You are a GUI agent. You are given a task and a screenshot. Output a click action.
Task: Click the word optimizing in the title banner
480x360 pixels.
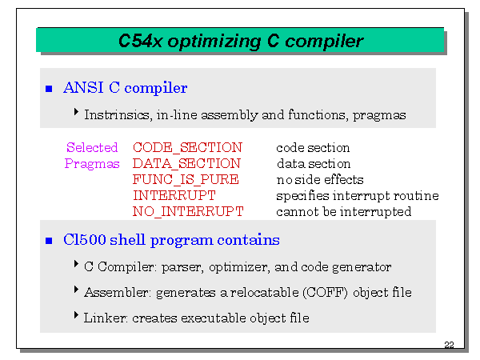(x=214, y=42)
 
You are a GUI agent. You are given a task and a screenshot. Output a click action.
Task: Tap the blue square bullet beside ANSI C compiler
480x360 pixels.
(x=49, y=89)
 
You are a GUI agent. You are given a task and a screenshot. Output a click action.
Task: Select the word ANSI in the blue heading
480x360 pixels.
(x=83, y=87)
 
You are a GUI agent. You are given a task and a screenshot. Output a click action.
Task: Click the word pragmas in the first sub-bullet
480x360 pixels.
(x=379, y=116)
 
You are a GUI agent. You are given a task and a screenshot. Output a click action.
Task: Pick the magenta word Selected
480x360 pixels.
(x=92, y=147)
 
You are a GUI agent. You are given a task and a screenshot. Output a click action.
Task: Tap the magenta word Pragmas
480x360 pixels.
(x=92, y=164)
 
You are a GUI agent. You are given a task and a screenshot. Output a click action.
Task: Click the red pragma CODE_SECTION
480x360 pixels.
(x=187, y=147)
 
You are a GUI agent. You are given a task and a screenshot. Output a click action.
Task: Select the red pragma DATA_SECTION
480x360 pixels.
(x=186, y=163)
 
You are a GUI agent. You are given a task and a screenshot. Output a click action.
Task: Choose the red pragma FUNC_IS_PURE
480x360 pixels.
(x=186, y=179)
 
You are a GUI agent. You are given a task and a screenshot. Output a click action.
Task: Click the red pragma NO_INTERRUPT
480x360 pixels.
(x=188, y=211)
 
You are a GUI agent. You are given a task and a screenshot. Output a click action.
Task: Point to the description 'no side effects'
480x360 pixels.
(x=320, y=180)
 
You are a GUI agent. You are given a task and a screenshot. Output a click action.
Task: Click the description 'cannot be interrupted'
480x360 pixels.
(x=344, y=211)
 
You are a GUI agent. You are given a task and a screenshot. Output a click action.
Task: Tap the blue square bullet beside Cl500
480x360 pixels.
(x=49, y=241)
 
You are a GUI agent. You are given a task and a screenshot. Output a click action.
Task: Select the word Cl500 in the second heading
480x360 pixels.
(x=85, y=239)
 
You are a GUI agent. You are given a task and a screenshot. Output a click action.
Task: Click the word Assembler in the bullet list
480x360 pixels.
(x=118, y=292)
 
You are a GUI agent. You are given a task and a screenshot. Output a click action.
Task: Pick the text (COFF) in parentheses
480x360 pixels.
(x=325, y=292)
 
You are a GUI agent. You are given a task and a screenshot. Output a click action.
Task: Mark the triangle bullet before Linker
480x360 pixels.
(x=76, y=314)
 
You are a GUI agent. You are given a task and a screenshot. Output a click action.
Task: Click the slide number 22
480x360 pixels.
(x=449, y=345)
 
